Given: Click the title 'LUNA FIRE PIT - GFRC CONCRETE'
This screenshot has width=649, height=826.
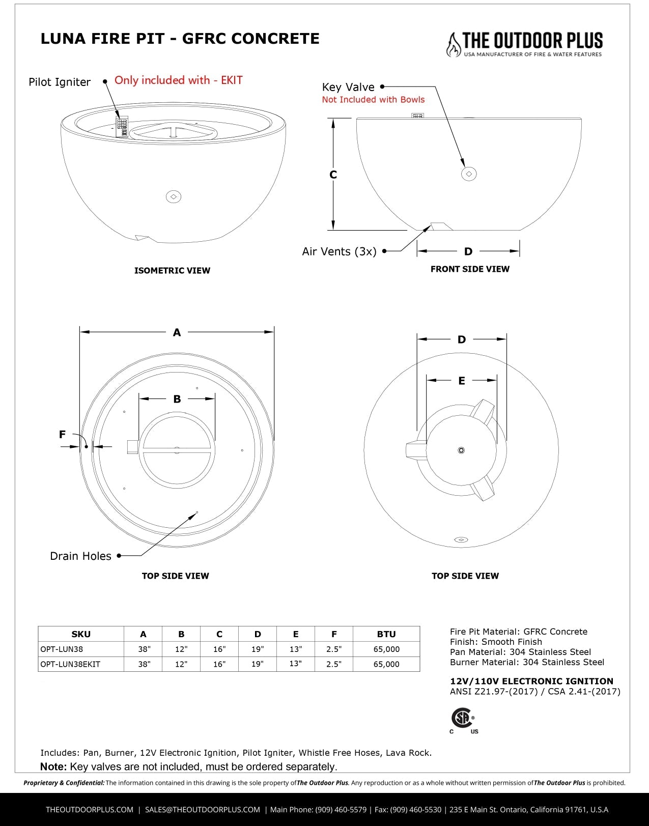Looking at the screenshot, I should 180,39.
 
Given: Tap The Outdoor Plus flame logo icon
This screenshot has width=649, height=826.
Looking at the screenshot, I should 453,44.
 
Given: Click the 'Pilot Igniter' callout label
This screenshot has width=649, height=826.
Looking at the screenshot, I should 60,82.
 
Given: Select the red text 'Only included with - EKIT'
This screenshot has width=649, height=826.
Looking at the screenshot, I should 178,80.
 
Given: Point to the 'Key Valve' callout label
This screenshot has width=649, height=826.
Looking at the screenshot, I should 348,87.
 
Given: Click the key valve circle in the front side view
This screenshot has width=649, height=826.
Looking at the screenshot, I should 468,174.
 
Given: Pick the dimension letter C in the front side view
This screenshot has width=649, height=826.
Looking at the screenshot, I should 333,175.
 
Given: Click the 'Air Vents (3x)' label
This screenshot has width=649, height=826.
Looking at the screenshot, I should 339,251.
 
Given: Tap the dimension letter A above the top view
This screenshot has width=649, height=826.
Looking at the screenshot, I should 177,332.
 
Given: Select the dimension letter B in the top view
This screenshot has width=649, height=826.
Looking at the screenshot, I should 177,399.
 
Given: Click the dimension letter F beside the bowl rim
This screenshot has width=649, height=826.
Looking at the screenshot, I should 62,434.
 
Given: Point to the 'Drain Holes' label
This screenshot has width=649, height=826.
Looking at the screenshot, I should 80,556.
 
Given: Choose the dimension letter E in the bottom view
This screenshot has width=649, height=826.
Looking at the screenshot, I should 462,381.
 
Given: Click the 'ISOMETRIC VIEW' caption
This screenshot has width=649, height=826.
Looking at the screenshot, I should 172,271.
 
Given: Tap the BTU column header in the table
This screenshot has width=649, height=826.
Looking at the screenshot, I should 386,634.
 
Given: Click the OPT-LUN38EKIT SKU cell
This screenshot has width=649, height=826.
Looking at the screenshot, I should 70,664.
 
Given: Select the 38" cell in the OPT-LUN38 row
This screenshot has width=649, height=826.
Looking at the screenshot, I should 145,649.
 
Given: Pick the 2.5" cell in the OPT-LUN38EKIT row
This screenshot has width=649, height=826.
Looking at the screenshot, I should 334,664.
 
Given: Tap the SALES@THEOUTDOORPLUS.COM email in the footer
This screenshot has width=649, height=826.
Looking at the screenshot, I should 202,810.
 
